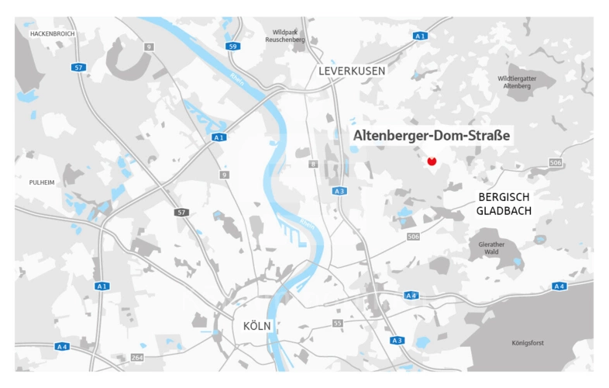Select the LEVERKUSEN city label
352,71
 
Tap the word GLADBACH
503,211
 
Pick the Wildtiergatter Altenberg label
518,82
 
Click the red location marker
432,161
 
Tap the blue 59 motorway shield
232,47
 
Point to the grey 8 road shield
314,164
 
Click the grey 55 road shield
337,323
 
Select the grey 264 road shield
137,357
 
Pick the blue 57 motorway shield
78,68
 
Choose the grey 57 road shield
181,212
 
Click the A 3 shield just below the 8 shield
339,191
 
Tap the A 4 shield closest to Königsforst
558,286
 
